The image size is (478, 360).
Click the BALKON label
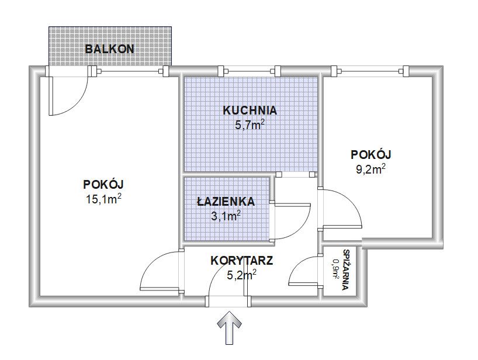point(109,49)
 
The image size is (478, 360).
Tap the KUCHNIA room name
point(250,110)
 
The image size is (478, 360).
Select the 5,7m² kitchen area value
point(250,124)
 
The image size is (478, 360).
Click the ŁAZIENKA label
point(226,201)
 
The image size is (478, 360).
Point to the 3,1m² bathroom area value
point(226,216)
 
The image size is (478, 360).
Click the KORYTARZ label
point(242,261)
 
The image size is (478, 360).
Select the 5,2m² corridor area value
point(242,275)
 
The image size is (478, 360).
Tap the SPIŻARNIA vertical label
point(346,270)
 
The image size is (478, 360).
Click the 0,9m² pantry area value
point(336,269)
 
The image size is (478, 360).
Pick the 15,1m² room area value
point(104,199)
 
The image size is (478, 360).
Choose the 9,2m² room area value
point(370,169)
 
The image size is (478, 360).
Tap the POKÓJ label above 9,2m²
point(370,154)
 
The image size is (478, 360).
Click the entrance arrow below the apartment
point(229,328)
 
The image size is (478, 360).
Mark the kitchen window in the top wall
point(248,71)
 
